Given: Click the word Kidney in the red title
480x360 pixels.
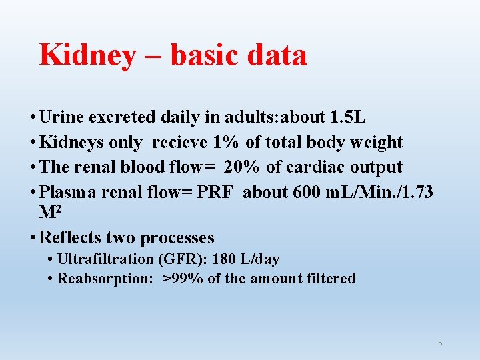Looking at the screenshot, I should click(87, 55).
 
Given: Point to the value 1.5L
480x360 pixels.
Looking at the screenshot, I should click(348, 117).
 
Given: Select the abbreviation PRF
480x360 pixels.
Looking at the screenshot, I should click(216, 192).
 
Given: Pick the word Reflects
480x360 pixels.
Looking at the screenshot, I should click(71, 237).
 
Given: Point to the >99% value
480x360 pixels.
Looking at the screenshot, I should click(183, 278).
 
